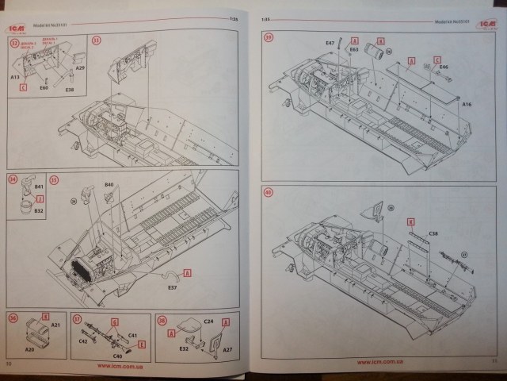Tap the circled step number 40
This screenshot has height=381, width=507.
(x=269, y=192)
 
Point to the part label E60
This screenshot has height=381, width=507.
(x=44, y=89)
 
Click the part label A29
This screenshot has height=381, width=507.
(x=80, y=69)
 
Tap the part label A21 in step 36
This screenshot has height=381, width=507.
(x=55, y=325)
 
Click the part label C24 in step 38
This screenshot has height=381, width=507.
(x=208, y=322)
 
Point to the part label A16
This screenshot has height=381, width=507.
(x=467, y=104)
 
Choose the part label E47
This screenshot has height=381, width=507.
(x=330, y=42)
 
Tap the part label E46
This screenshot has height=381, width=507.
(x=444, y=68)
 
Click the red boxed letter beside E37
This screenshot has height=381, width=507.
(x=188, y=272)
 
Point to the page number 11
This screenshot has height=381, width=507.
(x=492, y=363)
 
